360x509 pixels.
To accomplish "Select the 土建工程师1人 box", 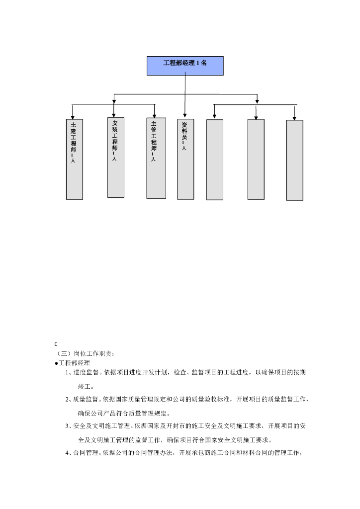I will [x=75, y=159].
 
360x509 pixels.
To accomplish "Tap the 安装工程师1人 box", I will [x=115, y=157].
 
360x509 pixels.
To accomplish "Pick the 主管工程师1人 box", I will [x=156, y=158].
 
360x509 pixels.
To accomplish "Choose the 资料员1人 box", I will [x=185, y=159].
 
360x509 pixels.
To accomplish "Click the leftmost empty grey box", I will [x=215, y=160].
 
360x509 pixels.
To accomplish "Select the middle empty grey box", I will [x=256, y=159].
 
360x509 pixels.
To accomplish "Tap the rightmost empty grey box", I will [x=295, y=160].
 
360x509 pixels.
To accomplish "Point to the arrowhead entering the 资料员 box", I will [x=185, y=115].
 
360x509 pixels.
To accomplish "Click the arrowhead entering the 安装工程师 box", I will [x=114, y=114].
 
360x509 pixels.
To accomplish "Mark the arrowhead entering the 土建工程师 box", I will [x=73, y=116].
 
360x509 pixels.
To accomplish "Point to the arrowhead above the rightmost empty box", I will [x=294, y=117].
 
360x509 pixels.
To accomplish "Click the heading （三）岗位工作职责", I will [x=86, y=354].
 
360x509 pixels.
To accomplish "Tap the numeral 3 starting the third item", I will [x=67, y=426].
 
